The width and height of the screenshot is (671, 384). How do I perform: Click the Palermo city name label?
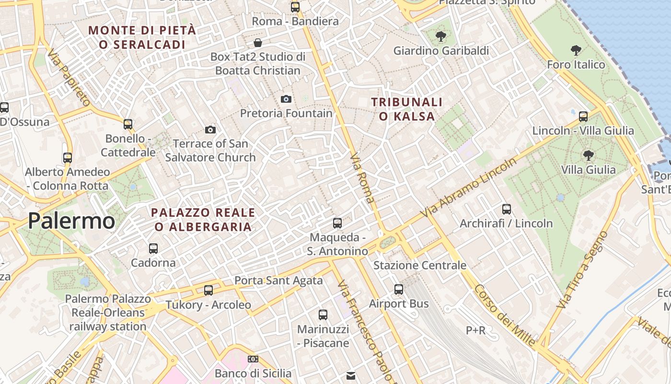71,221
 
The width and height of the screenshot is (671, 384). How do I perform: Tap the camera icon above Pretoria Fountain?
286,99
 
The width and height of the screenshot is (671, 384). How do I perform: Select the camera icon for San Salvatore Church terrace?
210,130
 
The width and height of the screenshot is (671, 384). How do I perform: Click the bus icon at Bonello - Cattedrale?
128,124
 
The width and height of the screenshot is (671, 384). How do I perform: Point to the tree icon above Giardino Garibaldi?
440,36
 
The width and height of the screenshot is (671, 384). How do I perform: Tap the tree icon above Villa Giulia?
588,155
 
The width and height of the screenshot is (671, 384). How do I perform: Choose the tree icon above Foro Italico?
576,50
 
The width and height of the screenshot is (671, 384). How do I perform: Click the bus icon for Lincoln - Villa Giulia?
583,116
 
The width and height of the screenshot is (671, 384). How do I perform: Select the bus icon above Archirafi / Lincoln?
507,209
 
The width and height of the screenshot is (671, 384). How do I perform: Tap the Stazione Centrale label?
420,265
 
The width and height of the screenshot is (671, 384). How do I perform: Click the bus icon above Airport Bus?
399,289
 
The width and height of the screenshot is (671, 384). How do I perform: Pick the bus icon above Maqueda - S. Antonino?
337,223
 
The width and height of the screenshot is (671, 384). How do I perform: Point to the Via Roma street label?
362,178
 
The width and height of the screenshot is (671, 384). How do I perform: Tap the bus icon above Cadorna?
153,248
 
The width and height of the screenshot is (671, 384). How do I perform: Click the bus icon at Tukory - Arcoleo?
208,290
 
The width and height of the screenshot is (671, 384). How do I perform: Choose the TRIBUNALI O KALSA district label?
407,109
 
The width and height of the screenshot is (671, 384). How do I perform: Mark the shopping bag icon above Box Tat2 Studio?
258,42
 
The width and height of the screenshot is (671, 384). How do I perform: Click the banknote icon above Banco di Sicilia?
253,359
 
